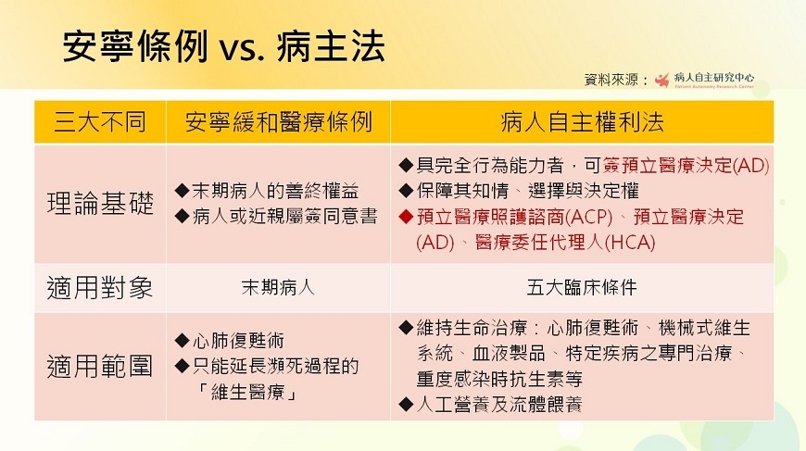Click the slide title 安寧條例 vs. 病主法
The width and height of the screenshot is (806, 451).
[x=223, y=45]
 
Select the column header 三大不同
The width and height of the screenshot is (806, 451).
[x=99, y=122]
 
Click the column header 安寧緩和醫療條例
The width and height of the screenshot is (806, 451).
[x=278, y=122]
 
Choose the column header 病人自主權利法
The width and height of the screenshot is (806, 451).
[x=581, y=122]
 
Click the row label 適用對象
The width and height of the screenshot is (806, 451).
[x=99, y=288]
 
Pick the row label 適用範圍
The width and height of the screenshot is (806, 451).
[x=99, y=367]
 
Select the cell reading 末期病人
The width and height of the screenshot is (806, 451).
[x=278, y=288]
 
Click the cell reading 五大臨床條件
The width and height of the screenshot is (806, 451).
[x=581, y=288]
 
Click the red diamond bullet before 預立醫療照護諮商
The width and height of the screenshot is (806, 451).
[x=405, y=218]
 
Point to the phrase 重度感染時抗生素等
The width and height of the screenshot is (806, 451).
[x=499, y=379]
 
